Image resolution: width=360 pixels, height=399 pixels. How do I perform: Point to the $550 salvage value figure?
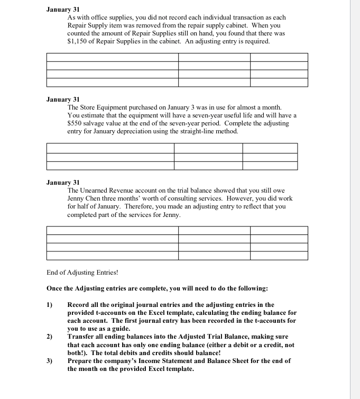pos(76,123)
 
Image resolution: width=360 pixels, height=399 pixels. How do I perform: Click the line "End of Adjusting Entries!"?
pos(82,273)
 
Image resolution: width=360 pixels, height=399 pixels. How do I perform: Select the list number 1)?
pos(50,305)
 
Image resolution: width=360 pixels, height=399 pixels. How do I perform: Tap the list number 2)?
pos(50,337)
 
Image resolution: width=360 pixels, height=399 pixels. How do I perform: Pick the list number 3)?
pos(50,361)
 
